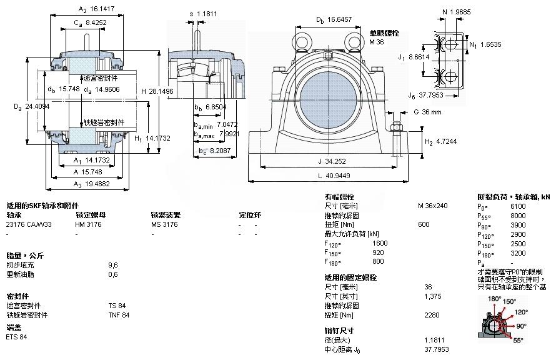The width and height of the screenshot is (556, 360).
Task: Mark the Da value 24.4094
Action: pos(38,106)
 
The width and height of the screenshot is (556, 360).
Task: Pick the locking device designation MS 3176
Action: pos(164,224)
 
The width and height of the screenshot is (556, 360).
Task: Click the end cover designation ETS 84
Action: pos(17,337)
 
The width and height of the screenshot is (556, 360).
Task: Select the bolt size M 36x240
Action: pos(432,205)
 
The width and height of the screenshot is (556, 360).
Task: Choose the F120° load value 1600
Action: pos(380,243)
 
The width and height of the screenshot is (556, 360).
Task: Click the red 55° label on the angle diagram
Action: pos(519,341)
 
